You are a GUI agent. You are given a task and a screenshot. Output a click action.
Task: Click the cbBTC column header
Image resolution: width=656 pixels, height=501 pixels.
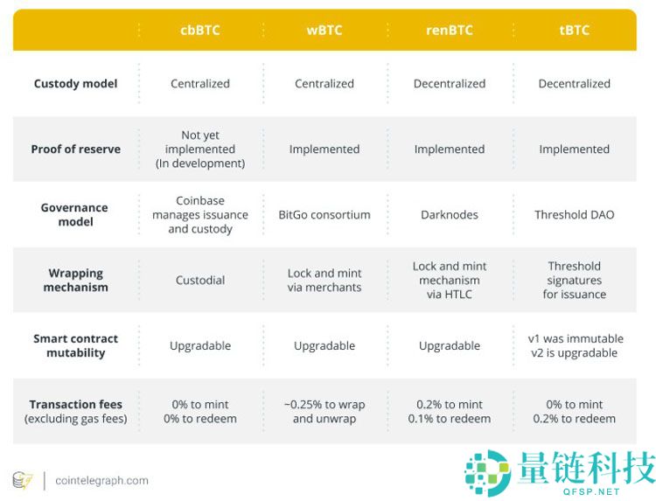pos(199,30)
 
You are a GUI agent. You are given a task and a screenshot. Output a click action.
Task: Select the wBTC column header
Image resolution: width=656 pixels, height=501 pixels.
pos(325,30)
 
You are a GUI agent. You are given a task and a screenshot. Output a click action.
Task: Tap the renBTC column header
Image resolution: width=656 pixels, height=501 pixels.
pos(450,30)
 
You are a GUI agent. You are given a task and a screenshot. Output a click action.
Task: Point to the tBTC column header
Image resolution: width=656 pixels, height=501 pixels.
pos(574,30)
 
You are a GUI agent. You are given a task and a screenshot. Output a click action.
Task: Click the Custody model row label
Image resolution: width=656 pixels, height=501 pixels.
pos(75,84)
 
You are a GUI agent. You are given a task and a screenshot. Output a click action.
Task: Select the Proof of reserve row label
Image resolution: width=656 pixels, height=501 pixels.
pos(75,150)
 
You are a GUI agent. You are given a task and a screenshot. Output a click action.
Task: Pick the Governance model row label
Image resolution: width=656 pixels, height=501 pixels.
pos(74,214)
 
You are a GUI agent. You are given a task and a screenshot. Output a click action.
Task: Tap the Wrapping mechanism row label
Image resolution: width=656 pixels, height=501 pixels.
pos(76,280)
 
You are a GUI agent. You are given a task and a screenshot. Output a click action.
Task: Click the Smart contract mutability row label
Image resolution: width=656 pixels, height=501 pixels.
pos(75,345)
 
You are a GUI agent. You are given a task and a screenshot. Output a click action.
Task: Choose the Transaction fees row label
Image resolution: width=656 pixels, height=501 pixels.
pos(75,411)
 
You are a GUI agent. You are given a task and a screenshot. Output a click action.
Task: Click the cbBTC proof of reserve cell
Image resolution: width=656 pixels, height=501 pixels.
pos(199,150)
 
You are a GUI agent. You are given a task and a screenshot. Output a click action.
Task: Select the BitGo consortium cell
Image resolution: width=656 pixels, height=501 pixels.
pos(325,215)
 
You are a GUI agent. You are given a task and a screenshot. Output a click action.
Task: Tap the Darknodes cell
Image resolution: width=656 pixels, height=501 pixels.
pos(450,215)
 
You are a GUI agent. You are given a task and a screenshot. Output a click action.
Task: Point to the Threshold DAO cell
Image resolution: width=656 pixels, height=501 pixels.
pos(574,215)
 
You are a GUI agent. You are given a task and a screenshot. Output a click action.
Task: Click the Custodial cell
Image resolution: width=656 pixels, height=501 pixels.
pos(199,281)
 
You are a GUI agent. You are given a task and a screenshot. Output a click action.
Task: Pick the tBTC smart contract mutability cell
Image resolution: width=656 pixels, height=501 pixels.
pos(574,345)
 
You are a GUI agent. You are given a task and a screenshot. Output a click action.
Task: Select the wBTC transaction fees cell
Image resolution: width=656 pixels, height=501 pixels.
pos(325,411)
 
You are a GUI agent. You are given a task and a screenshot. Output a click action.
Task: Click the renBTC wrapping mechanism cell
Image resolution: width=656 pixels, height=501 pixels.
pos(450,280)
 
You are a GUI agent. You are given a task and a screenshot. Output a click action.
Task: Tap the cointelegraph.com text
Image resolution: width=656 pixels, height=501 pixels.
pos(101,480)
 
